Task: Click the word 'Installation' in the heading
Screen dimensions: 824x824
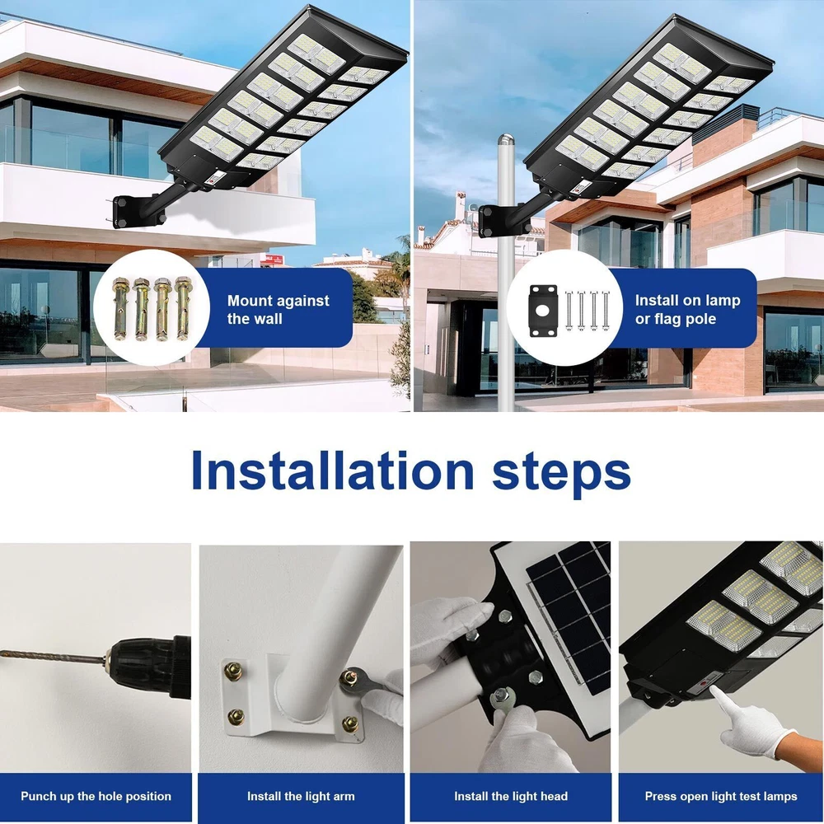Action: pyautogui.click(x=333, y=470)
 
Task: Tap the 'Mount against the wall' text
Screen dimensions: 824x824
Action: pyautogui.click(x=278, y=310)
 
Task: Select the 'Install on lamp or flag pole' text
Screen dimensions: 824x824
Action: pyautogui.click(x=687, y=310)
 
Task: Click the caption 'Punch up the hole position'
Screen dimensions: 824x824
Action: pyautogui.click(x=96, y=796)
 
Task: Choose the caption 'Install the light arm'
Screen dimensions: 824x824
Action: pyautogui.click(x=301, y=796)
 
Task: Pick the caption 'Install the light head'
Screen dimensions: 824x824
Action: pyautogui.click(x=511, y=796)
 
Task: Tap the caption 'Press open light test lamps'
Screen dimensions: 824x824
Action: pyautogui.click(x=721, y=797)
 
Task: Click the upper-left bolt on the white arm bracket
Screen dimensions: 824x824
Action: pyautogui.click(x=233, y=671)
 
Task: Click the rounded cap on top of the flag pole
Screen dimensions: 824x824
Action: pyautogui.click(x=506, y=140)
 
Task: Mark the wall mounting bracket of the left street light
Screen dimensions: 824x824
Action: pyautogui.click(x=122, y=211)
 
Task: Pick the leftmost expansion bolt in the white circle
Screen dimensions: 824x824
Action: pyautogui.click(x=119, y=308)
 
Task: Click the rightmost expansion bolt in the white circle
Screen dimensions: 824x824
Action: pyautogui.click(x=182, y=307)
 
